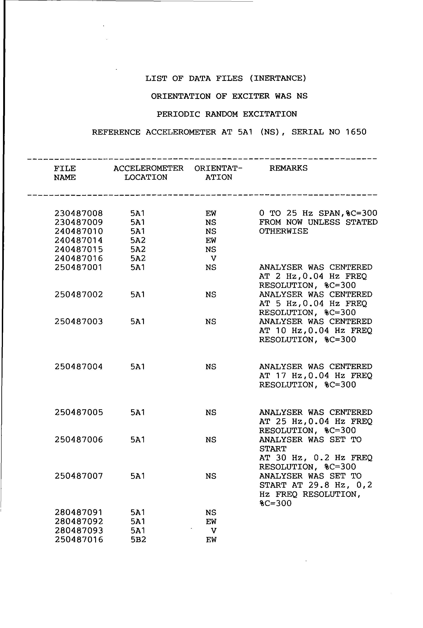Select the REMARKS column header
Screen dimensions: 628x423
click(x=288, y=168)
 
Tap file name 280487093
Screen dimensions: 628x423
click(x=79, y=530)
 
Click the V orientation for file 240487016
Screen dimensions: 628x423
click(x=213, y=259)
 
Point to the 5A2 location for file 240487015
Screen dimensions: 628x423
click(x=138, y=249)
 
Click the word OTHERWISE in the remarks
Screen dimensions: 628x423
click(x=283, y=231)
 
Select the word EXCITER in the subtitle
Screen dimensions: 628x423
click(x=251, y=96)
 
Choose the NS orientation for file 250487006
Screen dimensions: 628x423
click(x=211, y=440)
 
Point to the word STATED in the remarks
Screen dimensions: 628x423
click(x=362, y=222)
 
